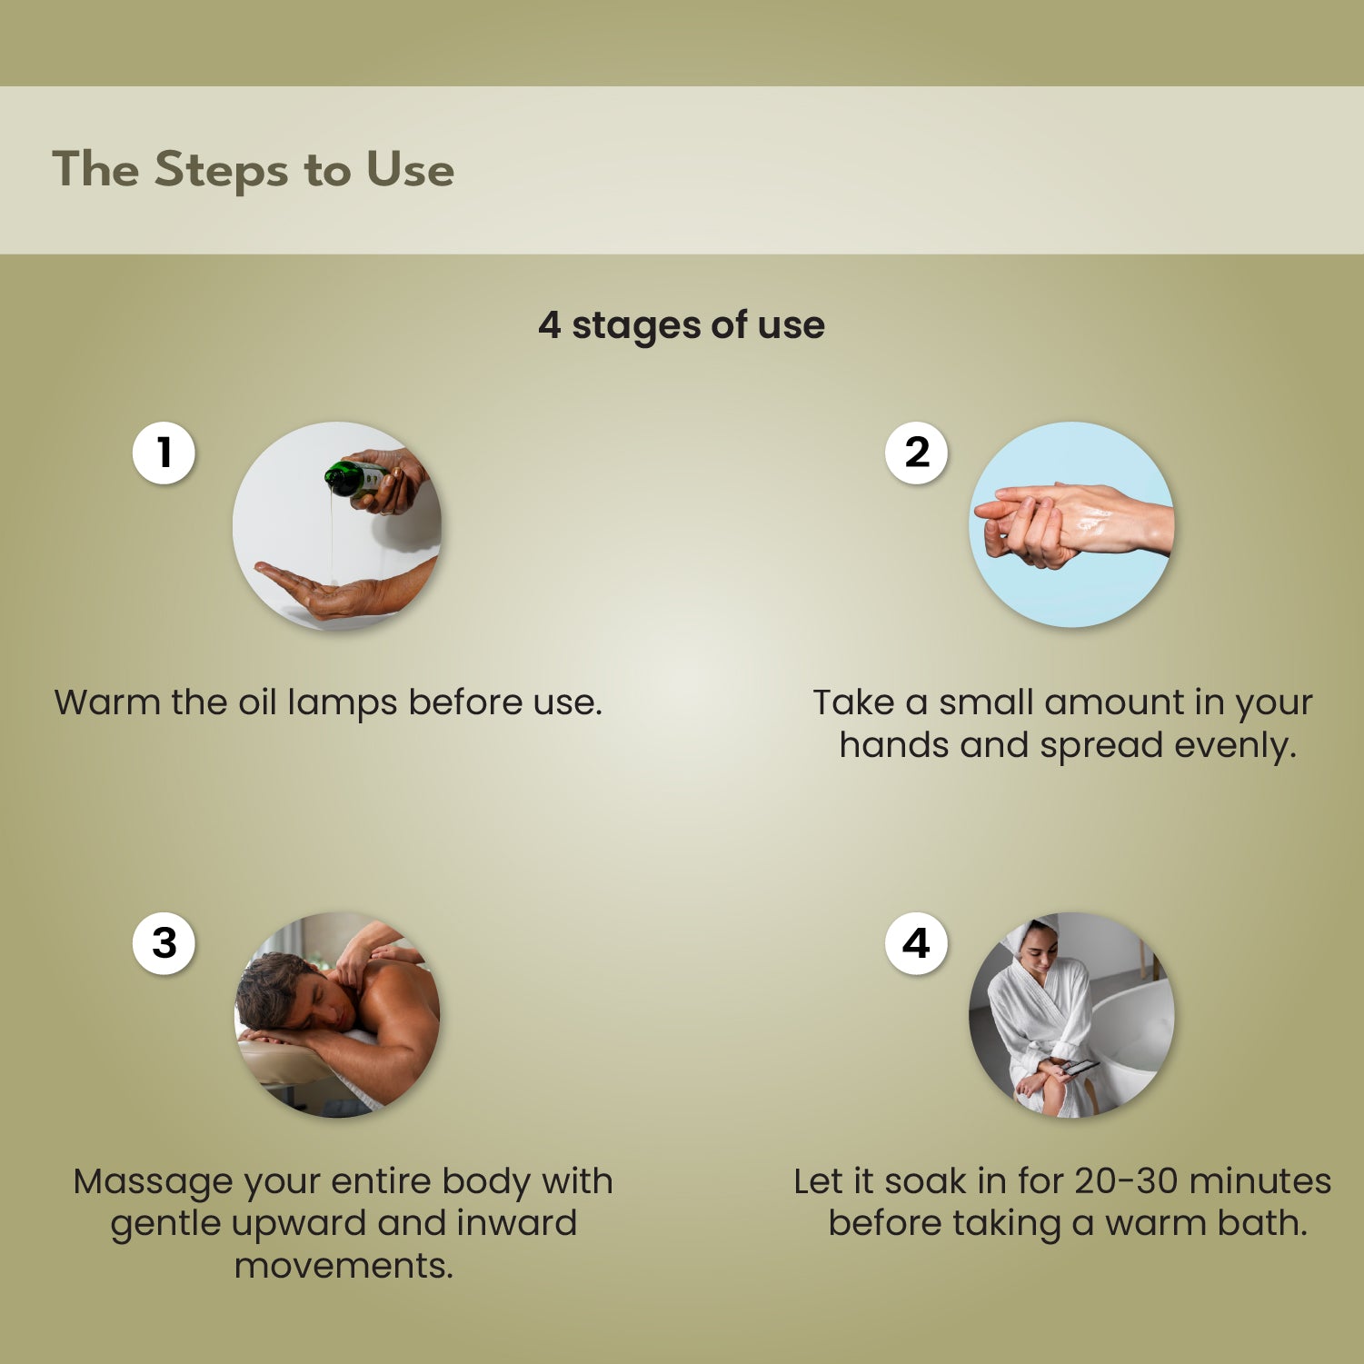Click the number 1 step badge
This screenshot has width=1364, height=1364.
coord(164,453)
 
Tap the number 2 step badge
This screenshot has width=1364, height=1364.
coord(916,453)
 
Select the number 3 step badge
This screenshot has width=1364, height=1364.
coord(164,943)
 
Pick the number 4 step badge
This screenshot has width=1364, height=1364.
coord(916,943)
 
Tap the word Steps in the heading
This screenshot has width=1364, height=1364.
coord(221,170)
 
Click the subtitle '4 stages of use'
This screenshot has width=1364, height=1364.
coord(682,325)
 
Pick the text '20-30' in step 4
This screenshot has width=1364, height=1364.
coord(1125,1181)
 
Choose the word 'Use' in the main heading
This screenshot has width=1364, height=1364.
coord(410,170)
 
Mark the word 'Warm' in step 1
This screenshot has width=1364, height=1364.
coord(107,702)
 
